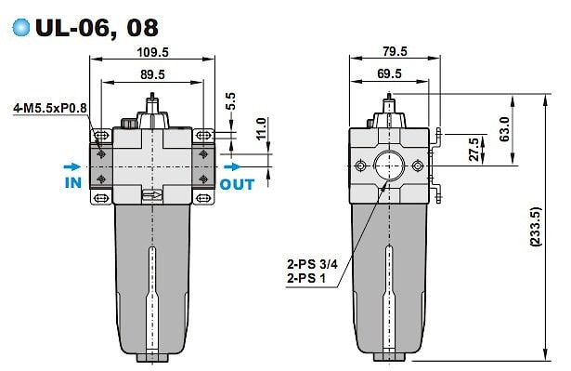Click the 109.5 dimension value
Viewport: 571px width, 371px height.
pos(152,52)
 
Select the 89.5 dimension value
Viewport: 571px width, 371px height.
pos(152,74)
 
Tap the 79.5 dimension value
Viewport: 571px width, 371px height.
pos(395,51)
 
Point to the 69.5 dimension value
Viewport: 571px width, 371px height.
pos(389,73)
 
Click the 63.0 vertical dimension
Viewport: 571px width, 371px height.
pos(504,128)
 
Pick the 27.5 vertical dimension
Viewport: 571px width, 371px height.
pos(474,149)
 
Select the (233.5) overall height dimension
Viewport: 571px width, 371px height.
pos(536,227)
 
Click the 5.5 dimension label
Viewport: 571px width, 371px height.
pos(230,101)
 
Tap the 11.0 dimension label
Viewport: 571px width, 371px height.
pos(261,128)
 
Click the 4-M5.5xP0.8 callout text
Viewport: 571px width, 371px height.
pos(50,108)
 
